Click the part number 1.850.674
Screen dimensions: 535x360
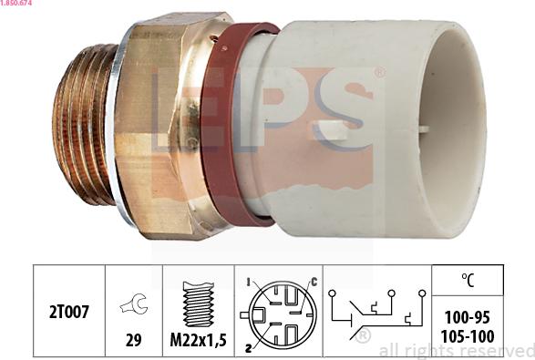[x=16, y=3]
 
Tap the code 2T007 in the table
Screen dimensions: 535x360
[x=69, y=312]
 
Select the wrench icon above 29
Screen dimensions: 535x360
[x=134, y=303]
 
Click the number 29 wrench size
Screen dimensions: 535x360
[x=134, y=340]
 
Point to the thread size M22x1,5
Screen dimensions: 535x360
[x=199, y=340]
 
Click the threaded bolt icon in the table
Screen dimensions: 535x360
[x=199, y=304]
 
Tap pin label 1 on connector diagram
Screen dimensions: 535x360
[x=249, y=283]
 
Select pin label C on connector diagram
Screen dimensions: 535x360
[x=314, y=282]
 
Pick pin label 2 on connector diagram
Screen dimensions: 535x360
[x=249, y=348]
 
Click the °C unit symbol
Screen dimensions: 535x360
[x=468, y=280]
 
